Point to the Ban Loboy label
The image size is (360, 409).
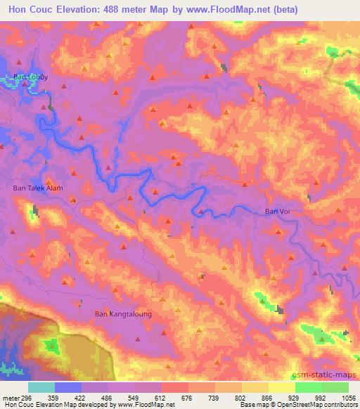point(30,77)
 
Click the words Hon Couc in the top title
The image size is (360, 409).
point(32,10)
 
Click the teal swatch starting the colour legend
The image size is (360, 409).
point(41,387)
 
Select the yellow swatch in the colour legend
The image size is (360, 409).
point(282,387)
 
